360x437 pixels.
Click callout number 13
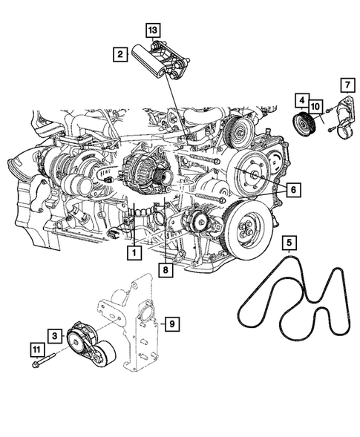[152, 30]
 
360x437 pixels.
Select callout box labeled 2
[118, 53]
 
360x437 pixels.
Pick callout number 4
[301, 99]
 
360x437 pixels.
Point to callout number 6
[294, 191]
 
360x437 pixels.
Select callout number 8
[167, 270]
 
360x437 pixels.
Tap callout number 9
[170, 323]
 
